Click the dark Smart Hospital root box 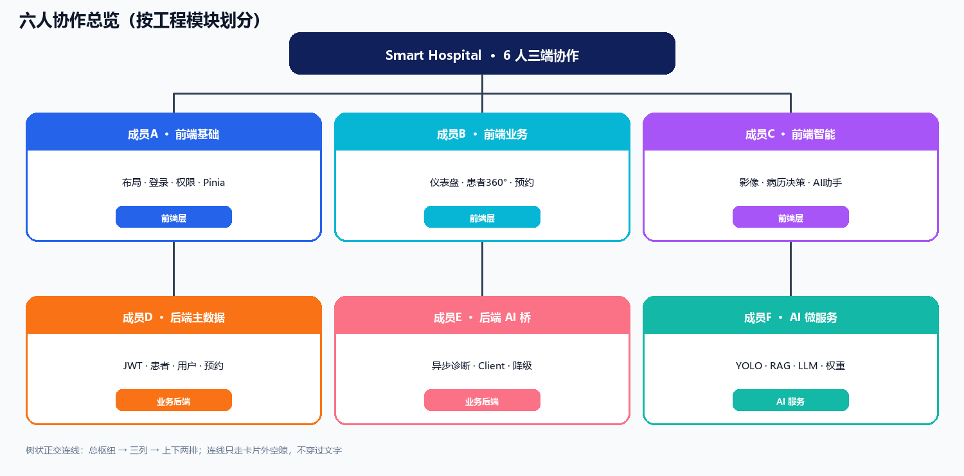(x=482, y=53)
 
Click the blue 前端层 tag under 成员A (x=174, y=217)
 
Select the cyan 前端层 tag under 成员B (x=482, y=217)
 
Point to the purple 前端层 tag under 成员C (x=790, y=217)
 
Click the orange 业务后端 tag (x=174, y=400)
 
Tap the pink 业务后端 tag (x=482, y=400)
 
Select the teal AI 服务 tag (x=790, y=400)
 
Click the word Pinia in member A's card (x=214, y=183)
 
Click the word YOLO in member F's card (x=749, y=366)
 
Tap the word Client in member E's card (x=492, y=366)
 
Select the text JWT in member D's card (x=132, y=366)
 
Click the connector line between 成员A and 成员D (x=174, y=269)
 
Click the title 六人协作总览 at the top (x=69, y=20)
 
